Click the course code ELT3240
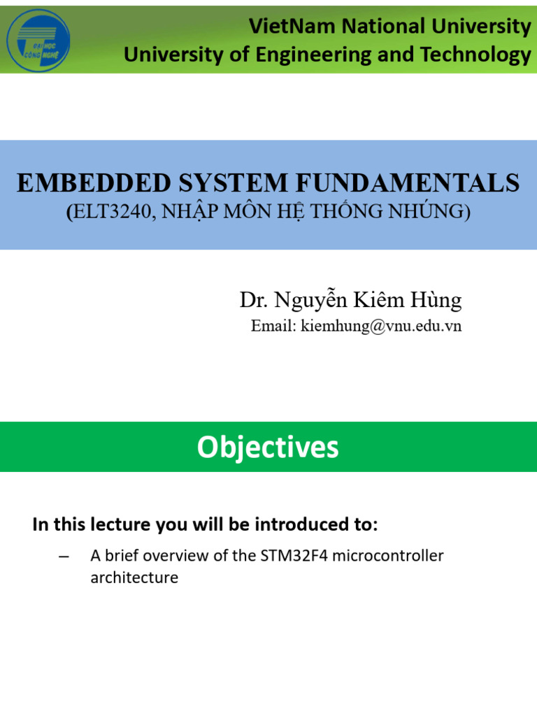[x=113, y=212]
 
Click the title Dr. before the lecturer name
[x=253, y=300]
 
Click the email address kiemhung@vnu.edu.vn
[x=381, y=327]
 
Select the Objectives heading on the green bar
[x=268, y=447]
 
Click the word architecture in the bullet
[x=134, y=578]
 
